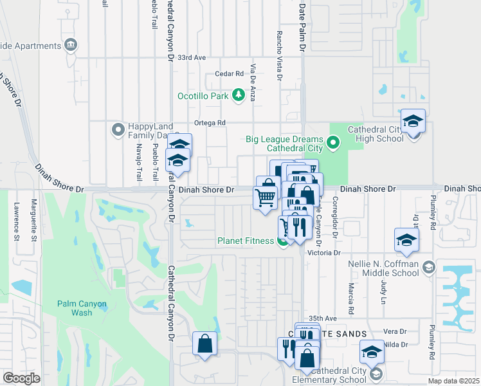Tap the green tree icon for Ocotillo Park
pos(239,95)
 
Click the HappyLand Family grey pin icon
pos(117,130)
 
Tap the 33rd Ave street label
pos(192,58)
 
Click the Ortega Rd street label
pos(211,123)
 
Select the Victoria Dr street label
pos(323,253)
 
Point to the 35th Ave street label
pos(323,318)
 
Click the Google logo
pos(21,378)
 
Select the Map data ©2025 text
pos(453,381)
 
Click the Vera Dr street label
pos(395,331)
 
